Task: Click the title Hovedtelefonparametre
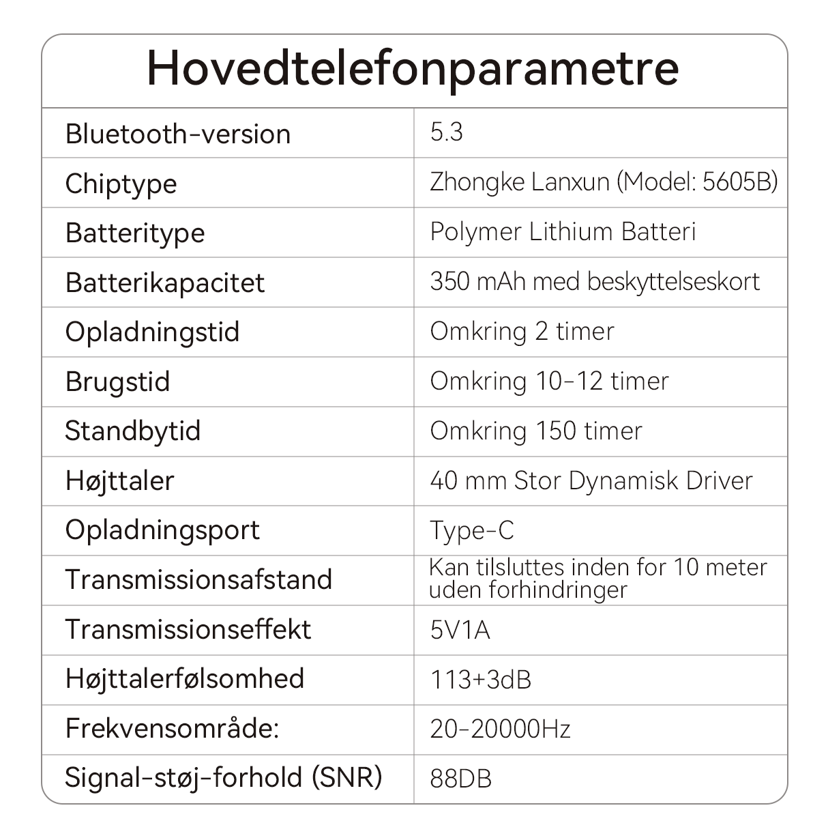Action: [413, 68]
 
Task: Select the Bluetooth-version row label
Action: [178, 134]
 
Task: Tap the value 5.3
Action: [447, 132]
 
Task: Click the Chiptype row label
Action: [121, 184]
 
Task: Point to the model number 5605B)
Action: [740, 182]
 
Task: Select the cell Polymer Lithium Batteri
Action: [563, 232]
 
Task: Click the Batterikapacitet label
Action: [164, 283]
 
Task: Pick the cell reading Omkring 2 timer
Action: [522, 332]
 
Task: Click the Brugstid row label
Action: [117, 382]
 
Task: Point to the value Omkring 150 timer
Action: [536, 431]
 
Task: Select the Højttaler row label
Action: [120, 481]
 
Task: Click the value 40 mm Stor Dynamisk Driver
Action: [591, 481]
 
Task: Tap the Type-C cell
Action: [472, 531]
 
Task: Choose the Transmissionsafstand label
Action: [198, 580]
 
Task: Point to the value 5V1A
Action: [460, 630]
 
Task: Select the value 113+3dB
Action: [480, 680]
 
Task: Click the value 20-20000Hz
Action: [500, 729]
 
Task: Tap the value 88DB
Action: [460, 779]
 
